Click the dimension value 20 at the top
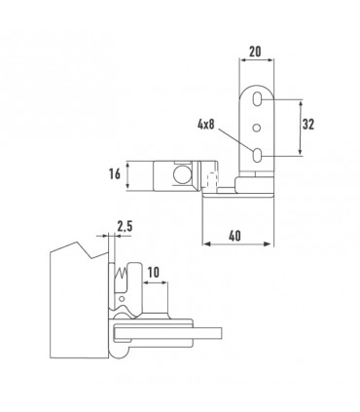255,52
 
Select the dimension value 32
308,124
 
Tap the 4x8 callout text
206,124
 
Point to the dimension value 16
115,174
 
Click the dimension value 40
234,236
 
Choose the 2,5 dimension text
125,226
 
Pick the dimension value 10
154,273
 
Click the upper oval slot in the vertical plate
257,98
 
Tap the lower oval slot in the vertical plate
257,155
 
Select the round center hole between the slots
257,128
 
